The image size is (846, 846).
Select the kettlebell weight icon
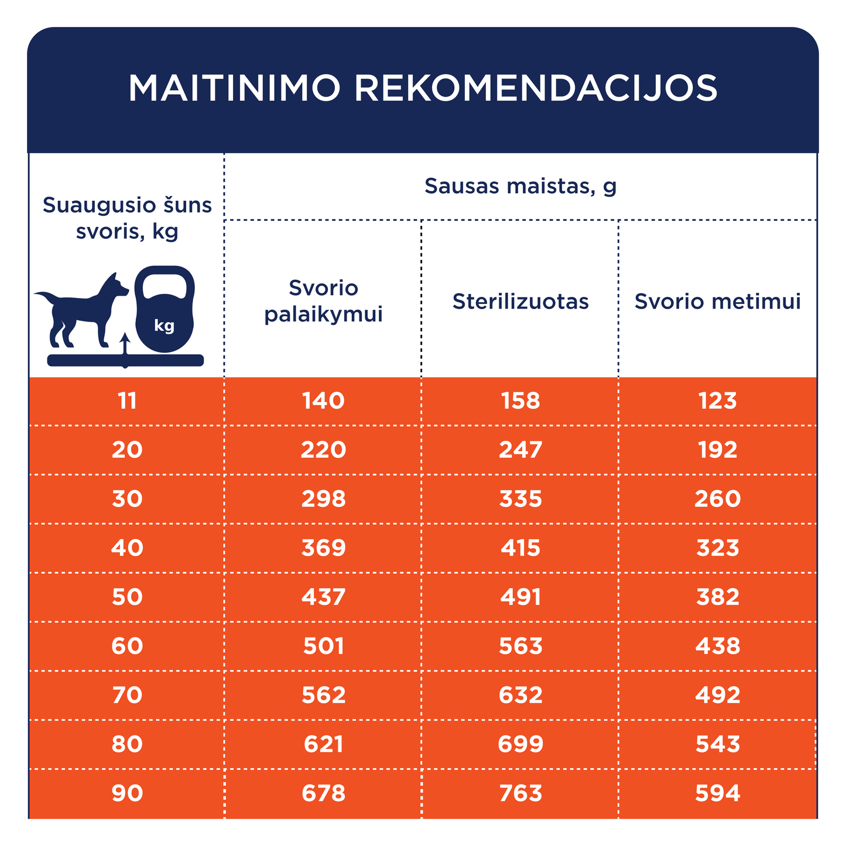(165, 309)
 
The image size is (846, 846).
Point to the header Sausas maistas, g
(520, 186)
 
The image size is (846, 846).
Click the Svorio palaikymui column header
(323, 301)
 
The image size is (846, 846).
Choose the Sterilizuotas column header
(520, 302)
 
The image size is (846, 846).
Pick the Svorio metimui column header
(718, 302)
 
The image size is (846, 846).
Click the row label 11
(127, 401)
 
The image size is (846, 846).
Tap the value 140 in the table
(323, 401)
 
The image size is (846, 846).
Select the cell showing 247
(520, 450)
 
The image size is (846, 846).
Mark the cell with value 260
(718, 499)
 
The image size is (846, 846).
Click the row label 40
(127, 548)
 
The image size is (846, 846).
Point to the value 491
(520, 597)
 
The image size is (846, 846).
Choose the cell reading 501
(323, 646)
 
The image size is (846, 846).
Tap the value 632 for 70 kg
(520, 695)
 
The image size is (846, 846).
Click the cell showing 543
(718, 744)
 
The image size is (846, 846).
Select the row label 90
(127, 793)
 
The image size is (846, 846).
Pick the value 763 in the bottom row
(520, 793)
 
